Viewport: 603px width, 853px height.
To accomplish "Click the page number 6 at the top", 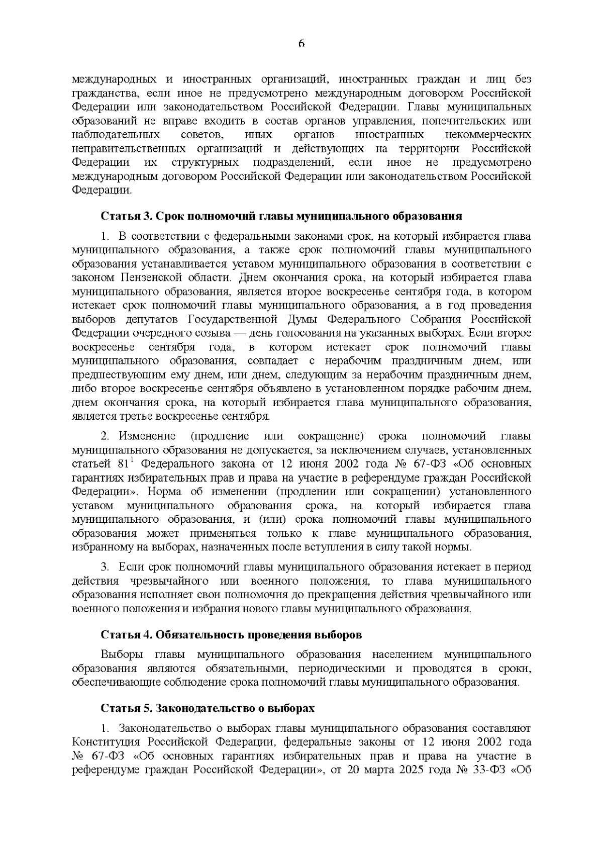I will point(301,44).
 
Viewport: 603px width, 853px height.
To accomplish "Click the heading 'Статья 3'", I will point(126,217).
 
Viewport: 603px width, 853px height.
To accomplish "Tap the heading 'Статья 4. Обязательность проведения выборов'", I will point(231,635).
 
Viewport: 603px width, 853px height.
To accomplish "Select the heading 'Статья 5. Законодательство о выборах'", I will point(208,708).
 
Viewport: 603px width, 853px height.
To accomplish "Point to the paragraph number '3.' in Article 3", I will point(105,567).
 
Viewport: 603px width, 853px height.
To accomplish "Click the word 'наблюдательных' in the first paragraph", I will point(116,135).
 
